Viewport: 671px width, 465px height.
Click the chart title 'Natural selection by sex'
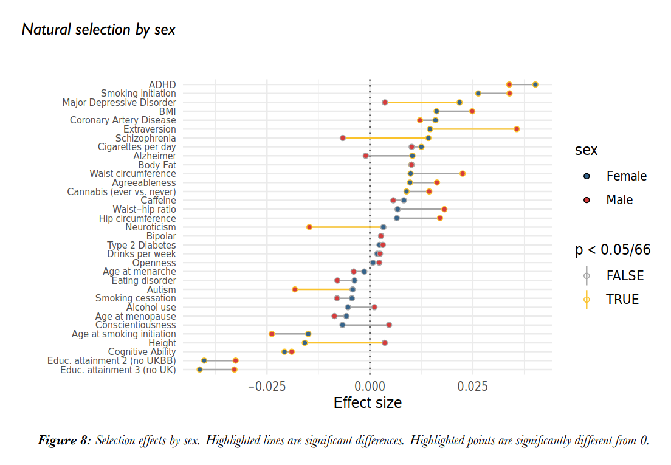(98, 29)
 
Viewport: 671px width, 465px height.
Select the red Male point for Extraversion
(517, 129)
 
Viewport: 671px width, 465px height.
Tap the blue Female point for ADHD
(535, 84)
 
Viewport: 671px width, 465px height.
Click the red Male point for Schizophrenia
(343, 138)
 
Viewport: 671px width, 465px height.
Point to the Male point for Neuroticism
(309, 227)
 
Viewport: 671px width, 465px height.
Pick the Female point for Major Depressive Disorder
(459, 102)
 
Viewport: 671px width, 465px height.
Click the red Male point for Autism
(295, 289)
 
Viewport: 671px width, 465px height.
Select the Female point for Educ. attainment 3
(199, 370)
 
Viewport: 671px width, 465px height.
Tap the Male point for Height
(385, 343)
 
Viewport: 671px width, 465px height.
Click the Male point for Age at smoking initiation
(272, 334)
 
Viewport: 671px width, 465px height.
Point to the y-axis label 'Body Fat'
(157, 165)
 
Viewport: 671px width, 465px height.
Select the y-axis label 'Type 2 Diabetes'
(142, 245)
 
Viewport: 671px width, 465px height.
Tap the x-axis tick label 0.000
(370, 386)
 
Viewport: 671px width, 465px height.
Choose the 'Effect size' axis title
(368, 402)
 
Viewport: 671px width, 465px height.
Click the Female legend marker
(587, 176)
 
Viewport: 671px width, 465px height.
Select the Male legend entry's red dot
(587, 200)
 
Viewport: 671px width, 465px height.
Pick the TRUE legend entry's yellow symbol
(587, 299)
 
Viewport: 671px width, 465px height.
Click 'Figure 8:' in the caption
(64, 441)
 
